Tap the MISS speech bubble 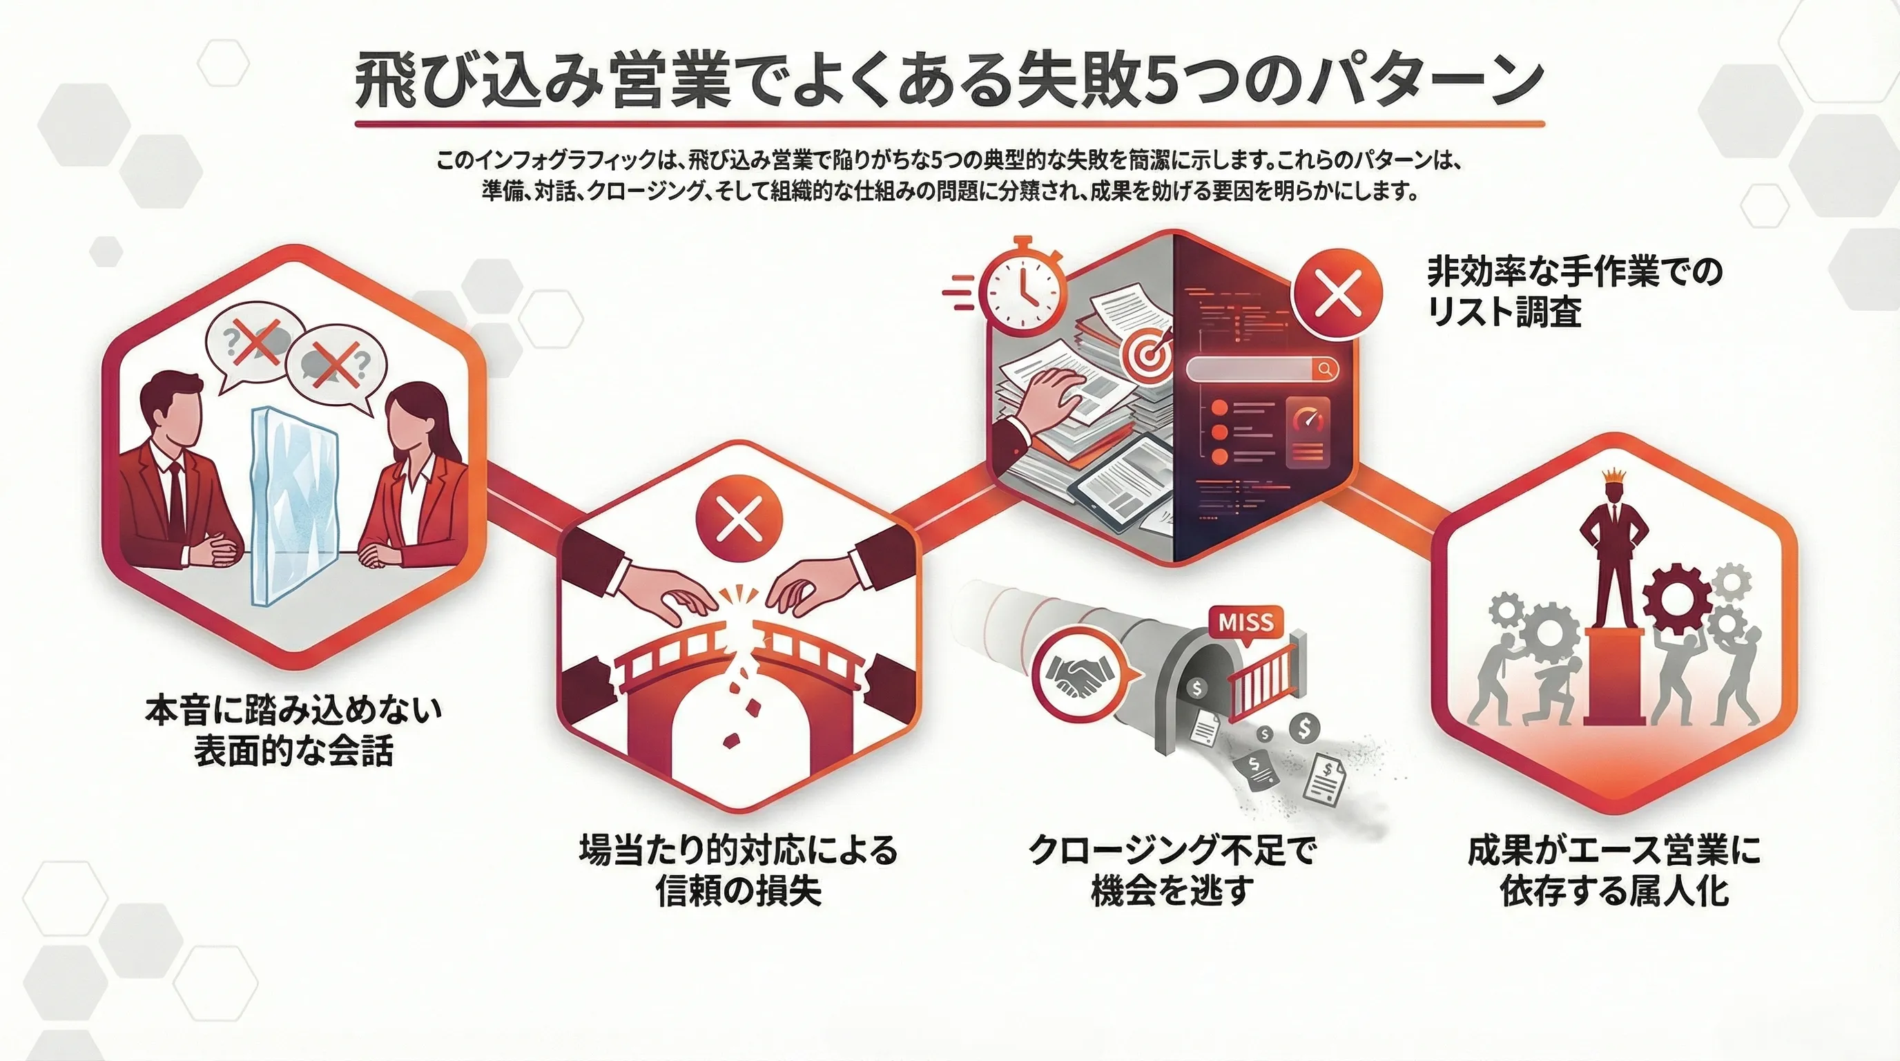(x=1245, y=622)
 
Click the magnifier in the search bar (x=1325, y=368)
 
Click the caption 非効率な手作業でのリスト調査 (x=1574, y=291)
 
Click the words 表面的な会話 (x=293, y=751)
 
